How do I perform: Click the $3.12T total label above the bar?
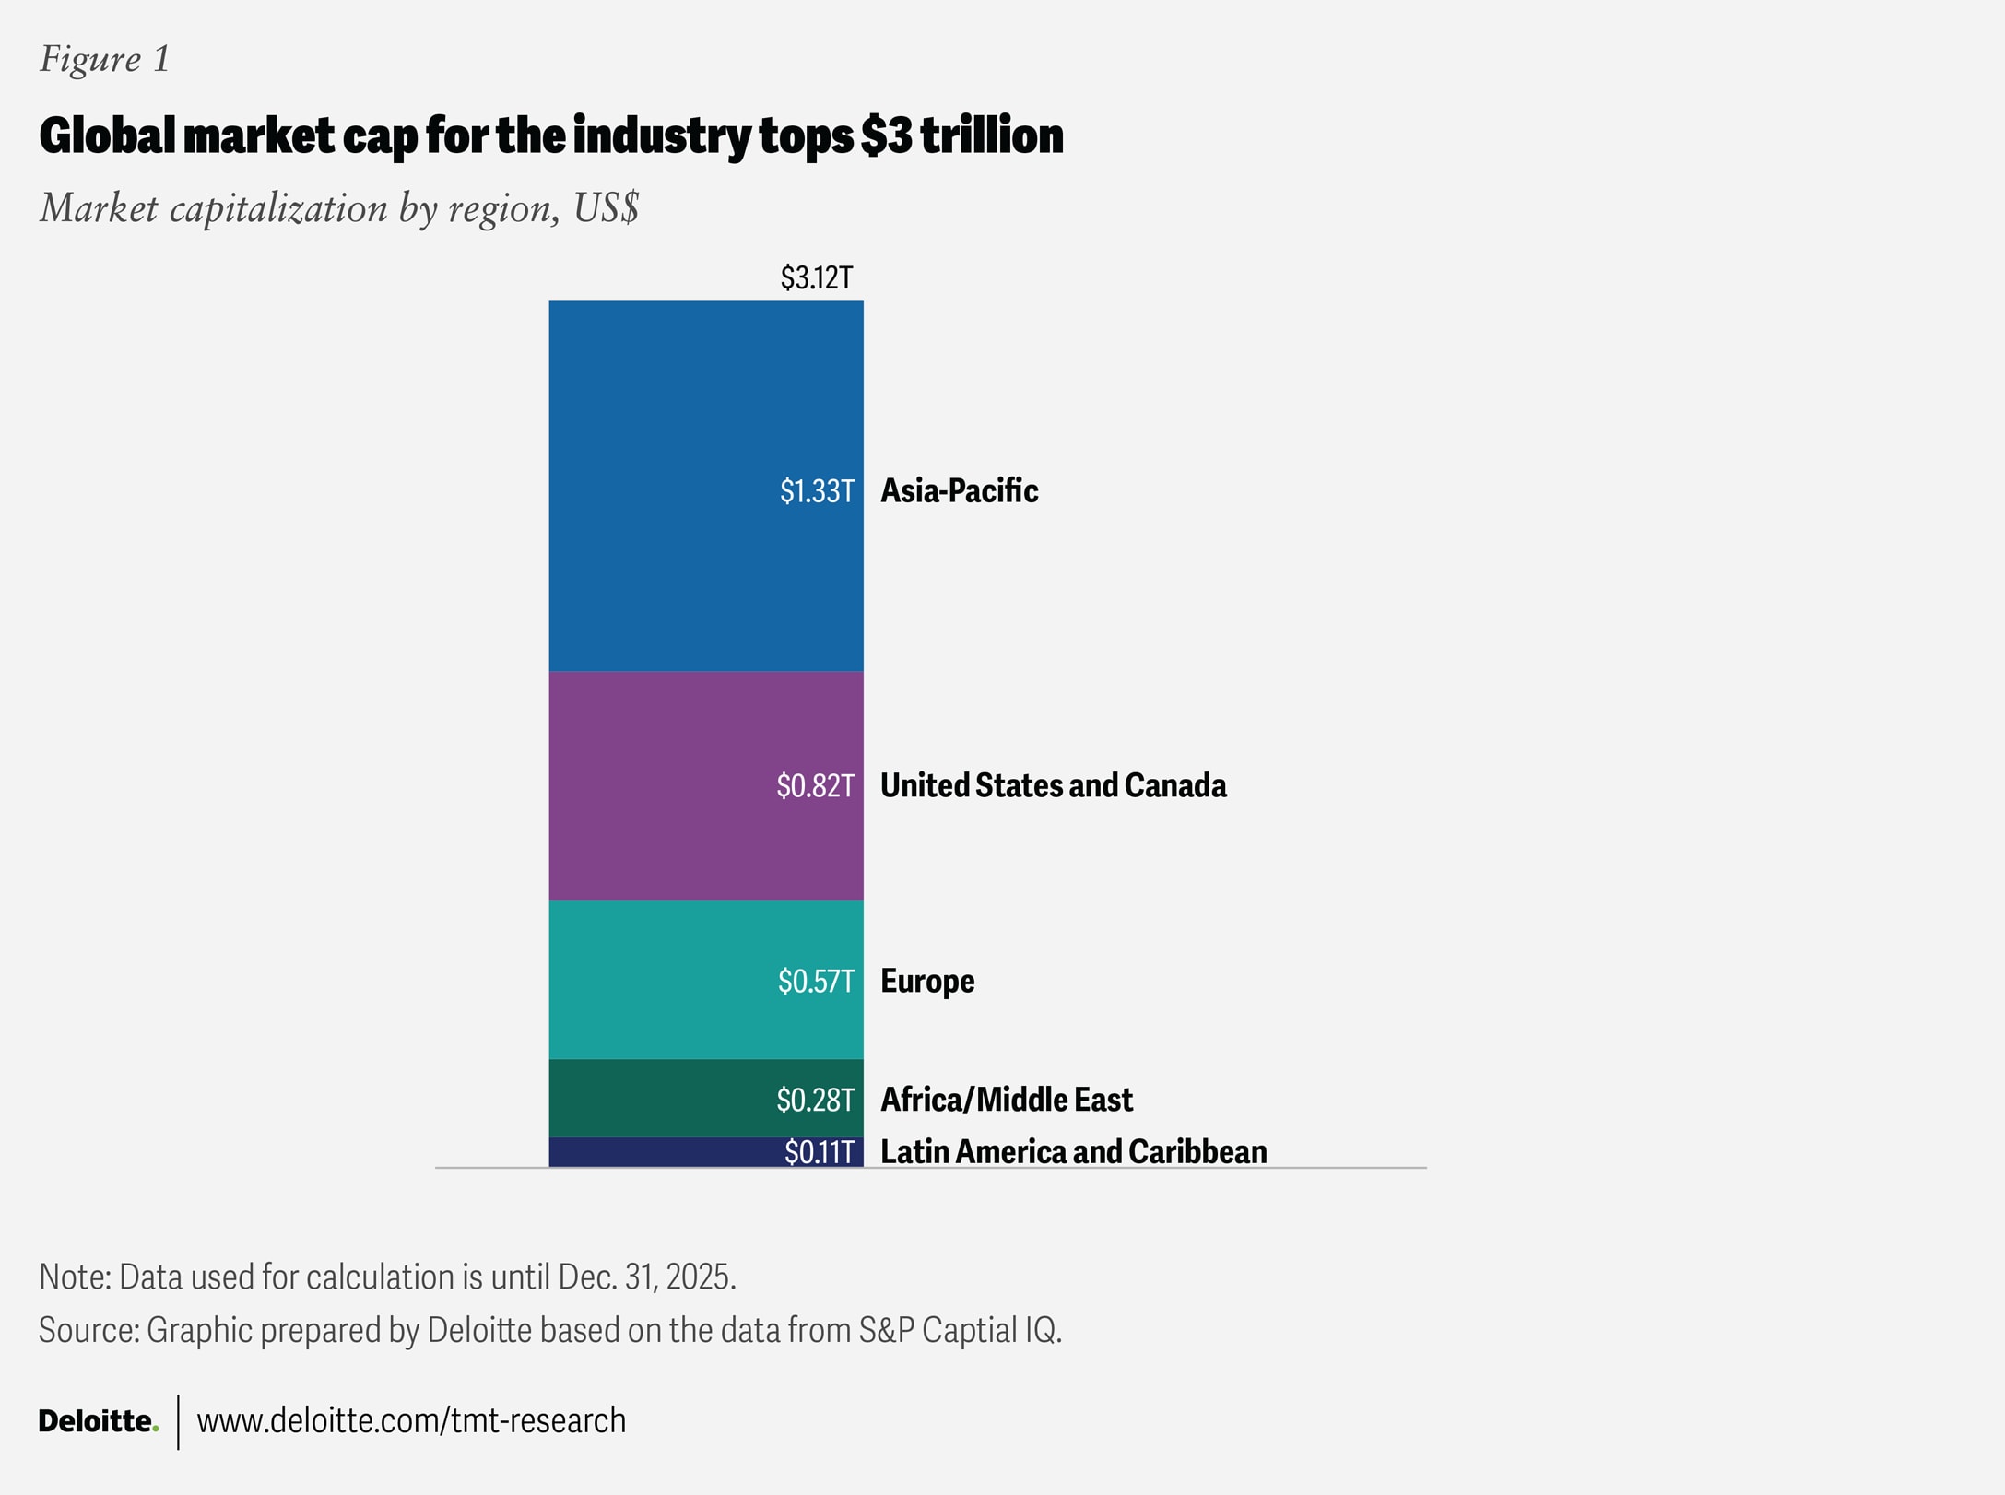[x=817, y=277]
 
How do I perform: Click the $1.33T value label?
[x=817, y=490]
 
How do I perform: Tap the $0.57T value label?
[x=816, y=981]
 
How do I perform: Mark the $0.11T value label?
[x=819, y=1152]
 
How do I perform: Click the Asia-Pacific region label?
[x=959, y=490]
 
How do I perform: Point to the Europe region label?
[x=927, y=981]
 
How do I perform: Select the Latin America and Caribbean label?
[x=1073, y=1151]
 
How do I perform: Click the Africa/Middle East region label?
[x=1006, y=1099]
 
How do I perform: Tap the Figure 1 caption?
[x=104, y=59]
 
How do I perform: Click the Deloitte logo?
[x=98, y=1420]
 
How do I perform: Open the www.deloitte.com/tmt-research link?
[x=411, y=1420]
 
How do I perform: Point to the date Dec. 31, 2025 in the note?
[x=645, y=1277]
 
